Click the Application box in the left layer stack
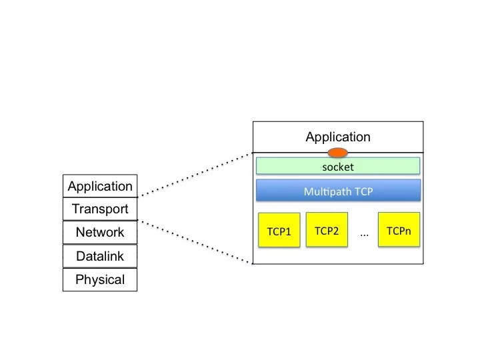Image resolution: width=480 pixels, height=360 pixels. point(100,186)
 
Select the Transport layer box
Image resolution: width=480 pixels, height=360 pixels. point(100,209)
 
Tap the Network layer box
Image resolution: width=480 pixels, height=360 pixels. point(100,233)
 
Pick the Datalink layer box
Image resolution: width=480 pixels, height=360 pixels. point(100,256)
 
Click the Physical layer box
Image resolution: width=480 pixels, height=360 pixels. point(100,279)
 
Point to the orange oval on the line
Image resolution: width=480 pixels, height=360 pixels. point(337,153)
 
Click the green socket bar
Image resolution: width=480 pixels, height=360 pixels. point(338,166)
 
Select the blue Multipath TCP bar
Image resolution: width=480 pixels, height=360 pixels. point(338,191)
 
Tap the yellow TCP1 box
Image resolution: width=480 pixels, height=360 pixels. point(279,230)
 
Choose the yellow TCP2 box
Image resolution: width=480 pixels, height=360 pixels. point(327,229)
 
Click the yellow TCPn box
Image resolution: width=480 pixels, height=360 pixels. point(399,229)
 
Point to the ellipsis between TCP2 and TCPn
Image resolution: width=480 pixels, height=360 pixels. point(364,235)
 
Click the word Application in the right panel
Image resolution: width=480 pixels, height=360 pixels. point(338,137)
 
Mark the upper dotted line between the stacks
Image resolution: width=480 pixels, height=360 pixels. point(195,175)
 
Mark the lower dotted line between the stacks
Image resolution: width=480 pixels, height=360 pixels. point(195,242)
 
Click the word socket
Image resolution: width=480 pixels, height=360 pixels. point(338,167)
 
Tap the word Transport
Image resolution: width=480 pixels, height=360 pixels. point(100,209)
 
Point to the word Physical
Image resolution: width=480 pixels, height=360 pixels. point(100,280)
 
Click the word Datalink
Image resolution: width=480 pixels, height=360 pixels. point(100,256)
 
